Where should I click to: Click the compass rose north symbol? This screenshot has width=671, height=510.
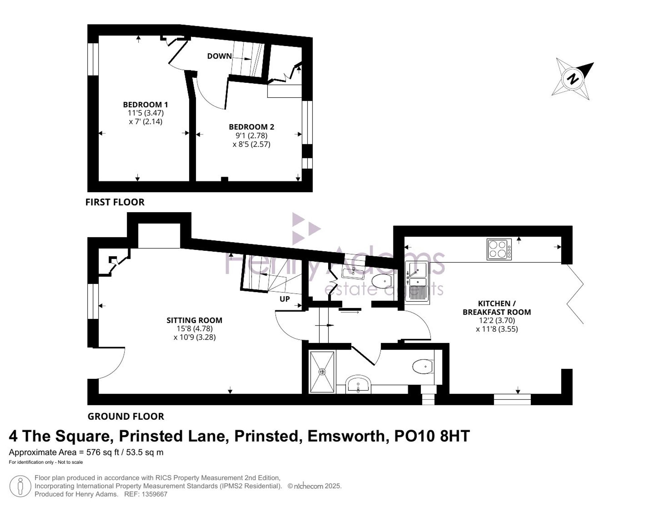point(573,79)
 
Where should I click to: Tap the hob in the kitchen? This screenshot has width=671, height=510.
point(499,249)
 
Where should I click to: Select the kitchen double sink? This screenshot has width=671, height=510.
point(417,282)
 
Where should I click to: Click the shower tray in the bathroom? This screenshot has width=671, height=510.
point(322,372)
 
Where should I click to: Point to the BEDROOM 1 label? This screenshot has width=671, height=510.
point(145,105)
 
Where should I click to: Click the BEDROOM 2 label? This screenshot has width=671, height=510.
point(251,127)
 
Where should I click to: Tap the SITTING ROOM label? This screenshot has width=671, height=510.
point(194,320)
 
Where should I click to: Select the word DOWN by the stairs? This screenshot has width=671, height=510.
point(219,56)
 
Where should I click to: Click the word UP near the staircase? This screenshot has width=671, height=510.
point(285,299)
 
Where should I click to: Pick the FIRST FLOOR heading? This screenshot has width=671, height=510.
point(115,202)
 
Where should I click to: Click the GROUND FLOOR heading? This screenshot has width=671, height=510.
point(126,416)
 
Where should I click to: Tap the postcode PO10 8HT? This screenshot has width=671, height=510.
point(432,436)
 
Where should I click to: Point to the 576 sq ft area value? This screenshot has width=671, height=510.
point(103,452)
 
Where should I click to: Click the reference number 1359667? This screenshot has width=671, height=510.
point(154,494)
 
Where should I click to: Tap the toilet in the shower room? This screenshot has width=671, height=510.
point(423,367)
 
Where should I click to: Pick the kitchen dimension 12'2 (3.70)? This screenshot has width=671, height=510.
point(497,321)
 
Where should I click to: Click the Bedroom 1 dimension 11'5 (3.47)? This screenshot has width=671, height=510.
point(146,113)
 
